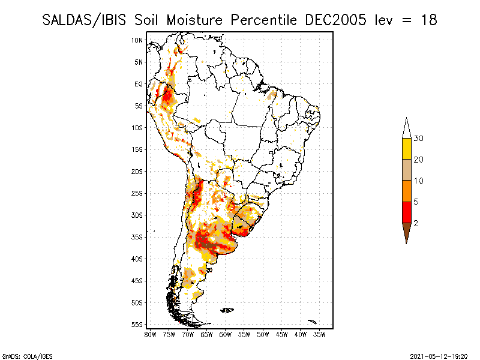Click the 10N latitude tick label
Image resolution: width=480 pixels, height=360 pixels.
point(137,40)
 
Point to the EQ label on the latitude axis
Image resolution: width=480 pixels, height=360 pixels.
point(139,84)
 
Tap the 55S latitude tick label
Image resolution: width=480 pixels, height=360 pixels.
point(137,324)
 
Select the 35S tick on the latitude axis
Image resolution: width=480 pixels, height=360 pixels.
point(137,237)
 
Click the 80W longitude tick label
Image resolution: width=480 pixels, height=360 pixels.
point(150,335)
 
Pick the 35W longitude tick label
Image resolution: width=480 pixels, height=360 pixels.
point(320,335)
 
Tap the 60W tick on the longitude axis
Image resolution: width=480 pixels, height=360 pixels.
point(226,335)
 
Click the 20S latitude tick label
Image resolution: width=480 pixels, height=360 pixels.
point(137,172)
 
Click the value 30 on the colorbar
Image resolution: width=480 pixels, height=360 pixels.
point(419,139)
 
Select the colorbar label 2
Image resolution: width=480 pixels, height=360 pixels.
point(416,223)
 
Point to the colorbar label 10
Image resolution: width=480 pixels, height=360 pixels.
point(419,181)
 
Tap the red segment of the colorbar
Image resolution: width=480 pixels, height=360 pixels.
point(406,212)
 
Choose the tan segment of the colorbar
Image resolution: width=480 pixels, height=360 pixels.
point(406,170)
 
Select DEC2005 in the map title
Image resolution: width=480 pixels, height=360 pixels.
point(334,20)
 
